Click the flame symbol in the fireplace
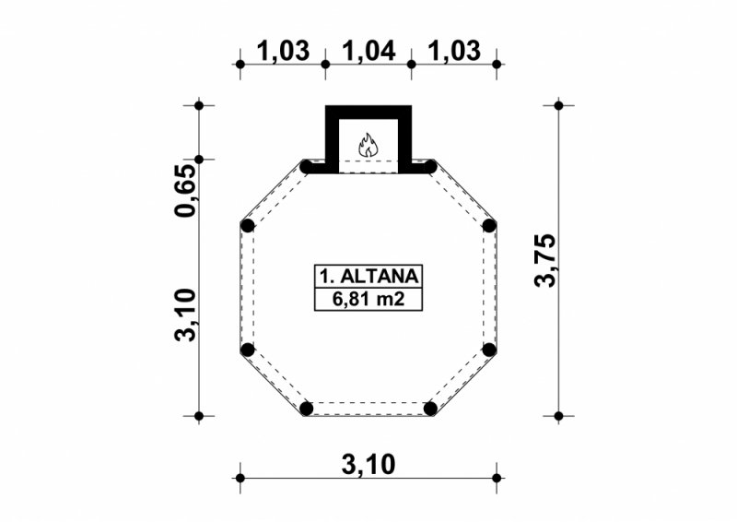pyautogui.click(x=368, y=145)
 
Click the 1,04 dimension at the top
pyautogui.click(x=368, y=51)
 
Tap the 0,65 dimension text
pyautogui.click(x=184, y=191)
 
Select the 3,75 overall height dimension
pyautogui.click(x=545, y=260)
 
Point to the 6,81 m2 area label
pyautogui.click(x=368, y=300)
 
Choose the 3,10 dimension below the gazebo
pyautogui.click(x=368, y=465)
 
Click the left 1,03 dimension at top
pyautogui.click(x=283, y=51)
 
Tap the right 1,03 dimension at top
pyautogui.click(x=454, y=51)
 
